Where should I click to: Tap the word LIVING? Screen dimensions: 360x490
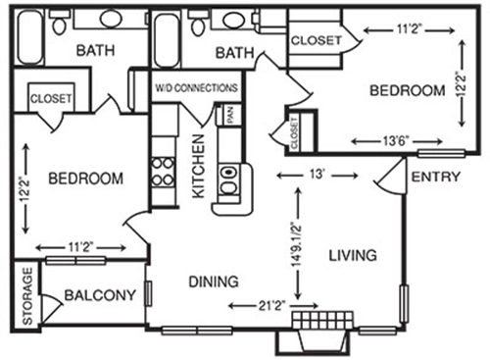pos(353,256)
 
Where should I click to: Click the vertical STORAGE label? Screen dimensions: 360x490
pos(26,294)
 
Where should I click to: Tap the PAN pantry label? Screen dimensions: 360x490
pos(230,114)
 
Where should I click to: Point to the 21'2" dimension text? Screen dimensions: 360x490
pos(273,306)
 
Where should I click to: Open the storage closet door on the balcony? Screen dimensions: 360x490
pos(52,306)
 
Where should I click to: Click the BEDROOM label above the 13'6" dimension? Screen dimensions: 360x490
pos(408,90)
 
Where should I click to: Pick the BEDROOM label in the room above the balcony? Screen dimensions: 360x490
pos(86,179)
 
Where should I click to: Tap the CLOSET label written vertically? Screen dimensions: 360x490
pos(295,129)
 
